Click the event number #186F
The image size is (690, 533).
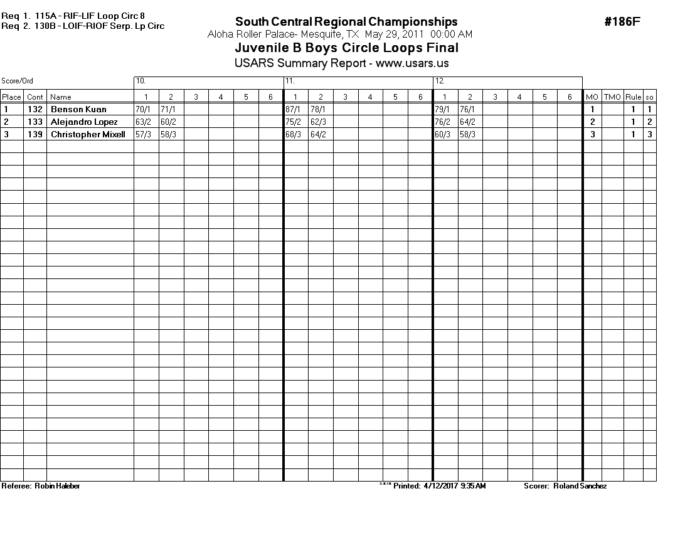coord(622,22)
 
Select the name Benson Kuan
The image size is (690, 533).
coord(78,109)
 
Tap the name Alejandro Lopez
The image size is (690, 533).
coord(84,122)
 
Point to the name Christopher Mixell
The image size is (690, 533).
coord(88,134)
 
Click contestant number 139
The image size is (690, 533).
coord(35,134)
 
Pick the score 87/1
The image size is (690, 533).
coord(293,109)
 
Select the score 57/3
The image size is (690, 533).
coord(143,134)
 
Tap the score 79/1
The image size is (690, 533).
coord(443,109)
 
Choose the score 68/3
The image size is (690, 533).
coord(293,134)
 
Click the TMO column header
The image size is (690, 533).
coord(612,97)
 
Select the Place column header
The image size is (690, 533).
coord(11,97)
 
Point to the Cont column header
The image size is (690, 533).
coord(35,97)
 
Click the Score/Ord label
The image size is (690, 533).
coord(17,81)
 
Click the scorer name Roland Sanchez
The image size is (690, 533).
coord(580,486)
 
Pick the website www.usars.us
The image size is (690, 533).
coord(412,63)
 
